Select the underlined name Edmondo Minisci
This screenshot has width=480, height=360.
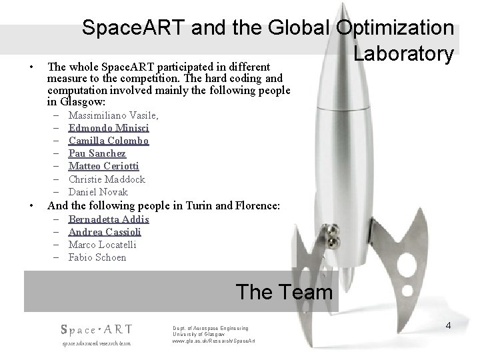(109, 129)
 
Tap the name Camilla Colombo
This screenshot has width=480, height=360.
(109, 141)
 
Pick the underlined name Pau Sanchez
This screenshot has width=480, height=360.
(97, 154)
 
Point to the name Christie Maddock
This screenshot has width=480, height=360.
(107, 179)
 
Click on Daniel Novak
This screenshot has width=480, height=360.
(98, 192)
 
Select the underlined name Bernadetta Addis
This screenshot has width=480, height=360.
(109, 219)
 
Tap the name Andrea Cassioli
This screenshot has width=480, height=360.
(105, 232)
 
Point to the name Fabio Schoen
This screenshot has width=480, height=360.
(97, 257)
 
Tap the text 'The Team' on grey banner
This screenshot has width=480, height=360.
(284, 291)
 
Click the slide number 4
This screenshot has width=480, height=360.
(449, 326)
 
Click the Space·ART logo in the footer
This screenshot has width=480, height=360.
(96, 329)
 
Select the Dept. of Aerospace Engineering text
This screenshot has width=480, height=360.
(210, 328)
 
